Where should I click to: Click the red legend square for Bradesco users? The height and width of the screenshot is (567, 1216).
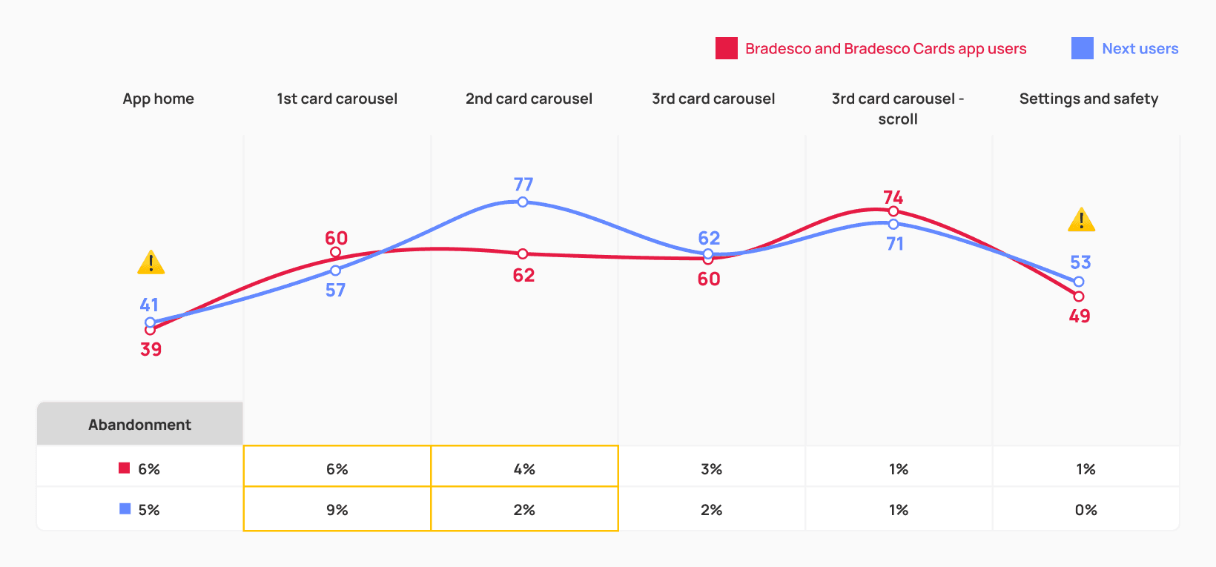click(x=726, y=48)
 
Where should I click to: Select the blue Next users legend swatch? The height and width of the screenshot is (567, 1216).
click(x=1082, y=48)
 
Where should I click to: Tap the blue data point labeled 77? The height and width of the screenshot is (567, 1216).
click(x=523, y=202)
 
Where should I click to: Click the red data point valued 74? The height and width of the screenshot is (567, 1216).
click(x=893, y=211)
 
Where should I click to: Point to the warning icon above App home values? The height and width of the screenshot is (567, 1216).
click(x=151, y=262)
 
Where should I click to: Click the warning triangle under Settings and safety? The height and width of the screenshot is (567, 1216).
click(x=1082, y=219)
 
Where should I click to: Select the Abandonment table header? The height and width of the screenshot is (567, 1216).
click(x=140, y=424)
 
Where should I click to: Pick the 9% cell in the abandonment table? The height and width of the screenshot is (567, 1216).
click(x=337, y=510)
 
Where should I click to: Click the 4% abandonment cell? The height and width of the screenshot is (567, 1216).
click(x=524, y=469)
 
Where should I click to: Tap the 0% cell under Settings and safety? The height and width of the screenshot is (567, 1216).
click(x=1086, y=510)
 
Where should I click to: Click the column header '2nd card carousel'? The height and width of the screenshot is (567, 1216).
click(x=529, y=99)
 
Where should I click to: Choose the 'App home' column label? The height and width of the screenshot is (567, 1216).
click(x=158, y=99)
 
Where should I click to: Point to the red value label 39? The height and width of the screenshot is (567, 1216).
click(x=151, y=349)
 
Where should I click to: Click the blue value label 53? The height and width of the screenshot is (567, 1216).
click(x=1080, y=262)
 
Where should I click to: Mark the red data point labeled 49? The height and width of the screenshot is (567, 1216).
click(x=1079, y=296)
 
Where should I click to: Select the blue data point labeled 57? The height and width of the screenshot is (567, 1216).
click(x=335, y=271)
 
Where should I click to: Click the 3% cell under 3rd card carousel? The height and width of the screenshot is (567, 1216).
click(x=711, y=469)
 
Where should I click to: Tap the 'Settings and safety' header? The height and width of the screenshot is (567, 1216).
click(x=1088, y=99)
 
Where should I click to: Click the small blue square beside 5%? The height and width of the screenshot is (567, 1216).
click(x=125, y=508)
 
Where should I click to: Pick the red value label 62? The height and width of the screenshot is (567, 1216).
click(x=523, y=275)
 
